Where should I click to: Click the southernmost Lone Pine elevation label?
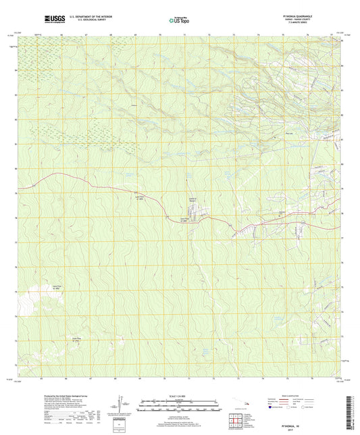coord(71,340)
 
